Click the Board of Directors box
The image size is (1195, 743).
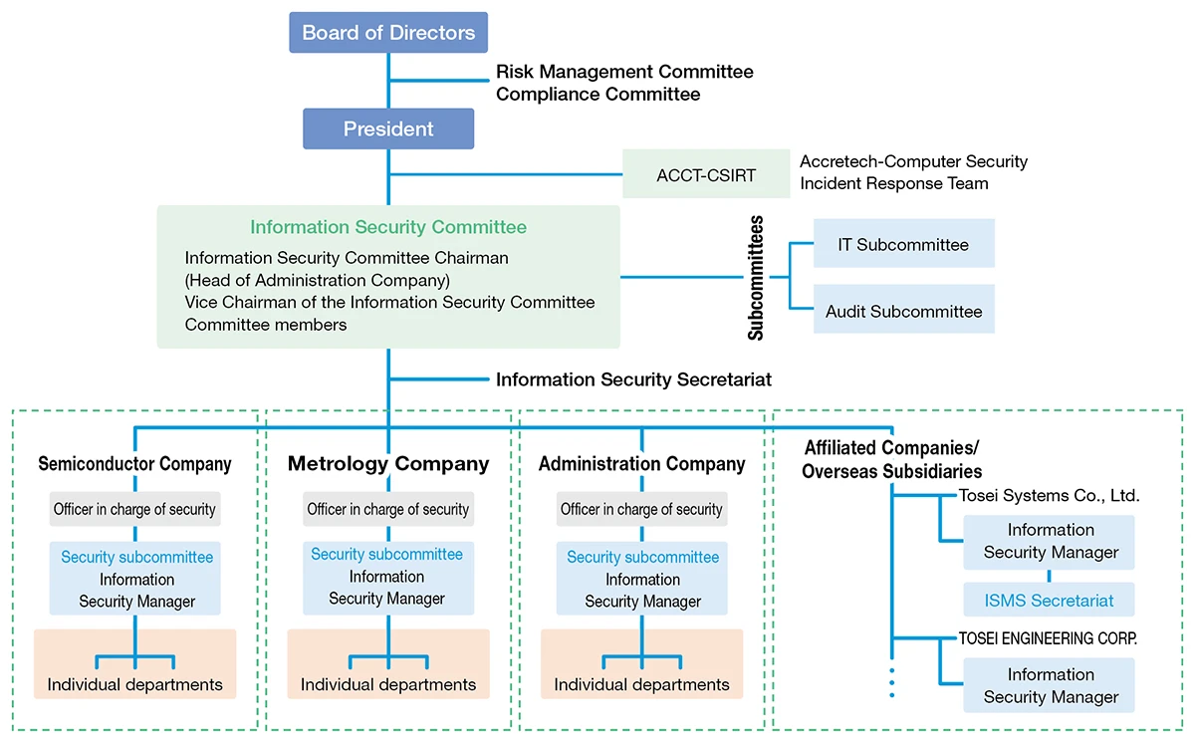pos(388,33)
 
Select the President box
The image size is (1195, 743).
pos(388,129)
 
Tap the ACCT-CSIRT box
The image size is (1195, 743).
pos(706,174)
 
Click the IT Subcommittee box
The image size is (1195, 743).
pos(903,244)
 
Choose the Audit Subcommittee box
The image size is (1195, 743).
pos(903,311)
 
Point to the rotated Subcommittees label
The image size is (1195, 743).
pos(756,278)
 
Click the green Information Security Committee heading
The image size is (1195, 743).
pos(388,227)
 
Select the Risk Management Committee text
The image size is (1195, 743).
pos(624,72)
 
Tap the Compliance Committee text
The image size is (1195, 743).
pos(597,95)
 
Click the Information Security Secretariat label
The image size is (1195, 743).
pos(633,379)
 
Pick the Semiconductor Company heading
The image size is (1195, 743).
pos(134,464)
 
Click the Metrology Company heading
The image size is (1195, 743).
pos(388,464)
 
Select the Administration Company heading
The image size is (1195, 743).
pos(641,464)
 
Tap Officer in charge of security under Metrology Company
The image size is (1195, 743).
pos(388,509)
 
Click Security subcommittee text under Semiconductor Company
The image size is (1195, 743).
pos(136,557)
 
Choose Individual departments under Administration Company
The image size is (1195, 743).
pos(641,684)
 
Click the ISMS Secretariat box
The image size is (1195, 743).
pos(1049,601)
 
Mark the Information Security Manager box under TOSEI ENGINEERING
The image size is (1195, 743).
pos(1050,685)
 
